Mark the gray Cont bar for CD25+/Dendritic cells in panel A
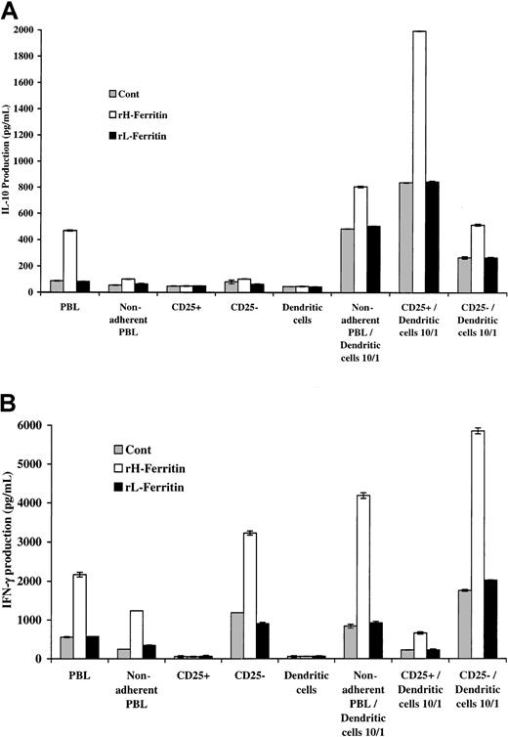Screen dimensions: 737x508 click(404, 238)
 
